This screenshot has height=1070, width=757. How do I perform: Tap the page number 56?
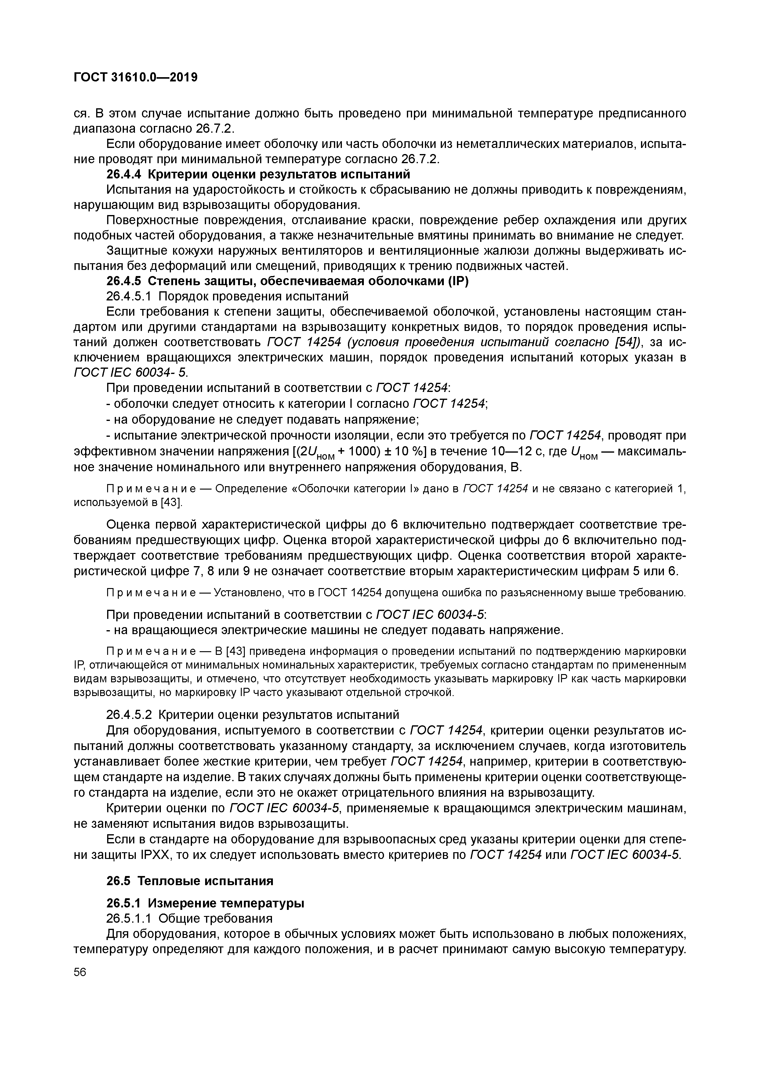80,972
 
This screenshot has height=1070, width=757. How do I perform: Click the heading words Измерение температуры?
226,903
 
